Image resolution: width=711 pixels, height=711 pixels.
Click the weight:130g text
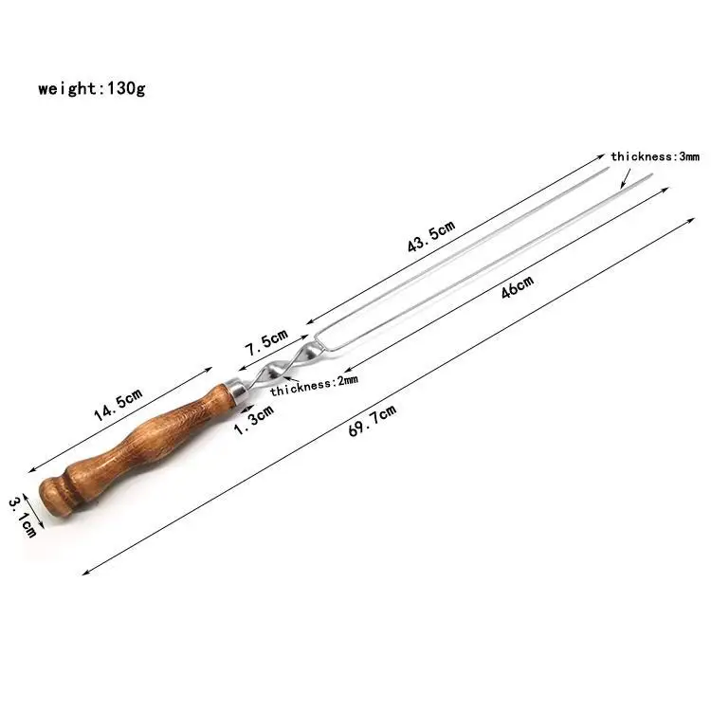click(x=91, y=89)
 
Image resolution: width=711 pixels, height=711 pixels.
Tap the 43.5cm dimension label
click(x=431, y=237)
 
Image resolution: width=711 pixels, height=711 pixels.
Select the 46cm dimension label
click(x=518, y=286)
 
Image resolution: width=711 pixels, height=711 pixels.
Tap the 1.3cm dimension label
click(x=253, y=419)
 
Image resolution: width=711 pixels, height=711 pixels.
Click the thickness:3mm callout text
click(x=654, y=156)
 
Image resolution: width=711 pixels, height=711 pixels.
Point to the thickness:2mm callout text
click(x=315, y=382)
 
